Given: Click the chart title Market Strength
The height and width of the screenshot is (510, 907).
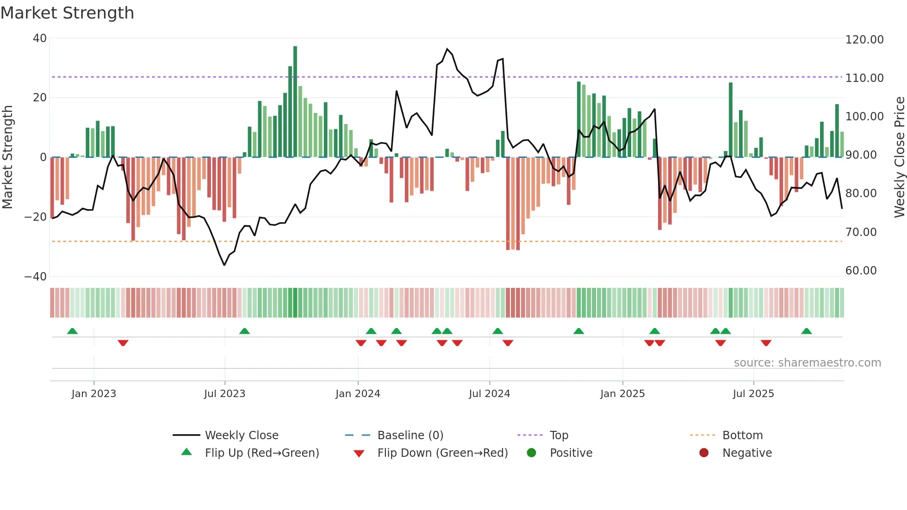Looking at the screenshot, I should [x=67, y=13].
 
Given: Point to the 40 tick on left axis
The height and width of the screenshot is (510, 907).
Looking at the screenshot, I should [x=40, y=38].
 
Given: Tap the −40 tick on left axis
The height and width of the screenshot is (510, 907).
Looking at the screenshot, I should [x=36, y=277].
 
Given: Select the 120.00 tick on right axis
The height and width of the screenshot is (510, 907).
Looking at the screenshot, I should [x=864, y=40].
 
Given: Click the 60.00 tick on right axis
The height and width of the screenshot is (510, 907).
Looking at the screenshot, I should [x=861, y=271].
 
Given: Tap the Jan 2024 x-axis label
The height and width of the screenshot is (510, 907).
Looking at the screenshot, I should [x=358, y=394].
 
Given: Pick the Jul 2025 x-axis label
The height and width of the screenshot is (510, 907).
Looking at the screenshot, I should [x=753, y=394].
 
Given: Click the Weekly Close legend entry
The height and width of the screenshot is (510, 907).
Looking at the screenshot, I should [x=241, y=435].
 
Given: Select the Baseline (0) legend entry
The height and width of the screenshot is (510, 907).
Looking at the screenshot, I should [x=410, y=435].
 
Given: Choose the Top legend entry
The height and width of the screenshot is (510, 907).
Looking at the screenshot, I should [x=559, y=435].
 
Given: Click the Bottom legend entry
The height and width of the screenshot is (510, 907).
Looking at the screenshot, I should [x=742, y=435].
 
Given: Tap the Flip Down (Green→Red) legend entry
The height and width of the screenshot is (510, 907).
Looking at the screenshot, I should [x=442, y=453].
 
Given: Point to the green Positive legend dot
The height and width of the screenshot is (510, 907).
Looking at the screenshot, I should [x=531, y=453].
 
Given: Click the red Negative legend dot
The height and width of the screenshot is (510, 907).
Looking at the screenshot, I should [x=704, y=453].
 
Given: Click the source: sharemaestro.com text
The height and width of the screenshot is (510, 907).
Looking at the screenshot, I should [x=807, y=363].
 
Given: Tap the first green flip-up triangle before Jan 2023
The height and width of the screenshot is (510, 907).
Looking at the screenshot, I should [x=72, y=331].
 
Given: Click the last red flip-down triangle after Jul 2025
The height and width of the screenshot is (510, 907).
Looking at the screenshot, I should [x=766, y=343].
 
